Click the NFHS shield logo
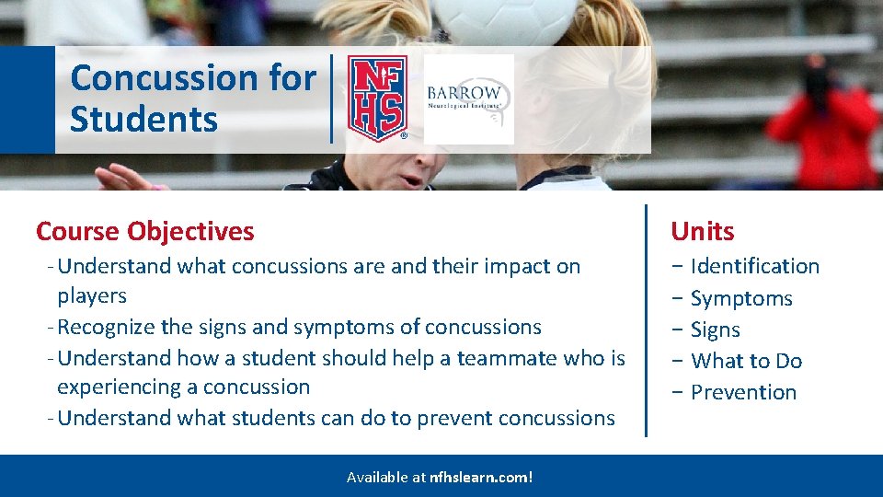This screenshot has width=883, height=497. coord(377,98)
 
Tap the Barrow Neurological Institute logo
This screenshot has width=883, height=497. coord(468,99)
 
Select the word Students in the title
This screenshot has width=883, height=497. coord(143,119)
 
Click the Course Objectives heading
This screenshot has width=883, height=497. coord(144,232)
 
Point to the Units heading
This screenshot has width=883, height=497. coord(702,231)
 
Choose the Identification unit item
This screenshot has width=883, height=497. coord(754,266)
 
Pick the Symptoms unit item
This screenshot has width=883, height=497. coord(741,298)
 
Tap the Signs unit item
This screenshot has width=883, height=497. coord(716,329)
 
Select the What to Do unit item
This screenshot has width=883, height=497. coord(746,361)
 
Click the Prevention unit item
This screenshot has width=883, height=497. coord(743,392)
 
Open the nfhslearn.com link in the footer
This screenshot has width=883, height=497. coord(481,478)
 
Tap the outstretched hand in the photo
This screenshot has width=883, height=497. coord(125,178)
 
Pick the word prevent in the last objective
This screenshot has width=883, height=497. coord(454,419)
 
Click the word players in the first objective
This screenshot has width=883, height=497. coord(92,296)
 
